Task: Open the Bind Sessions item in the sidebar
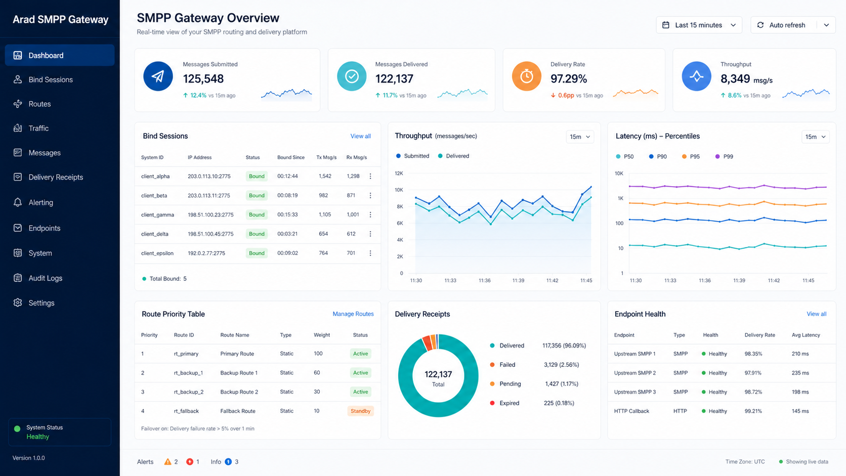pyautogui.click(x=50, y=79)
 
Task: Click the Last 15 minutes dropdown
pyautogui.click(x=699, y=25)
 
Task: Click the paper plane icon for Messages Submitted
pyautogui.click(x=158, y=76)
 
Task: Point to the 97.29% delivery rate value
pyautogui.click(x=568, y=78)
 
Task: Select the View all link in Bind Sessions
pyautogui.click(x=360, y=136)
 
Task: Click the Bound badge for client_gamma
pyautogui.click(x=257, y=214)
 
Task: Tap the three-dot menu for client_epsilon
pyautogui.click(x=370, y=253)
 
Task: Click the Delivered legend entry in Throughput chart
pyautogui.click(x=453, y=156)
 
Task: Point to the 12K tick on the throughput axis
pyautogui.click(x=399, y=174)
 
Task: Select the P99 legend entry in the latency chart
pyautogui.click(x=724, y=156)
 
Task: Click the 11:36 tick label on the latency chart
pyautogui.click(x=705, y=280)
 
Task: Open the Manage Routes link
pyautogui.click(x=353, y=314)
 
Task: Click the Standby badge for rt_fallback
pyautogui.click(x=360, y=411)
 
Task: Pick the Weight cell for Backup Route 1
pyautogui.click(x=317, y=373)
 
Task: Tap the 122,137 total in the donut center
pyautogui.click(x=438, y=374)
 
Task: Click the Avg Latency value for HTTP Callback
pyautogui.click(x=800, y=411)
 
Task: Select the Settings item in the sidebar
pyautogui.click(x=41, y=302)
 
